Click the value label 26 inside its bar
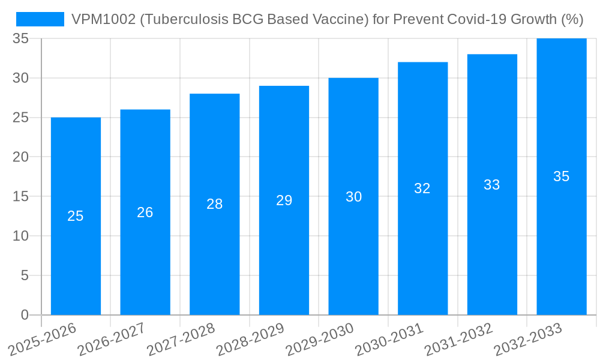coord(145,212)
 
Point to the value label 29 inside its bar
coord(284,200)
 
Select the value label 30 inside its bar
coord(354,197)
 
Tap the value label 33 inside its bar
coord(492,185)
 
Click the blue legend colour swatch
coord(40,19)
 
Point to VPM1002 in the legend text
coord(95,19)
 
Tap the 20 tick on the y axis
coord(21,157)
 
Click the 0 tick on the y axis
coord(25,315)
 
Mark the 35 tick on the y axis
coord(21,39)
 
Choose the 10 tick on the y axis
coord(21,236)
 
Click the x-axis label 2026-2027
coord(112,339)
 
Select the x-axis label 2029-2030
coord(320,339)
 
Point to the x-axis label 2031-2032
coord(459,339)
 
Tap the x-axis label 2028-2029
coord(250,339)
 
